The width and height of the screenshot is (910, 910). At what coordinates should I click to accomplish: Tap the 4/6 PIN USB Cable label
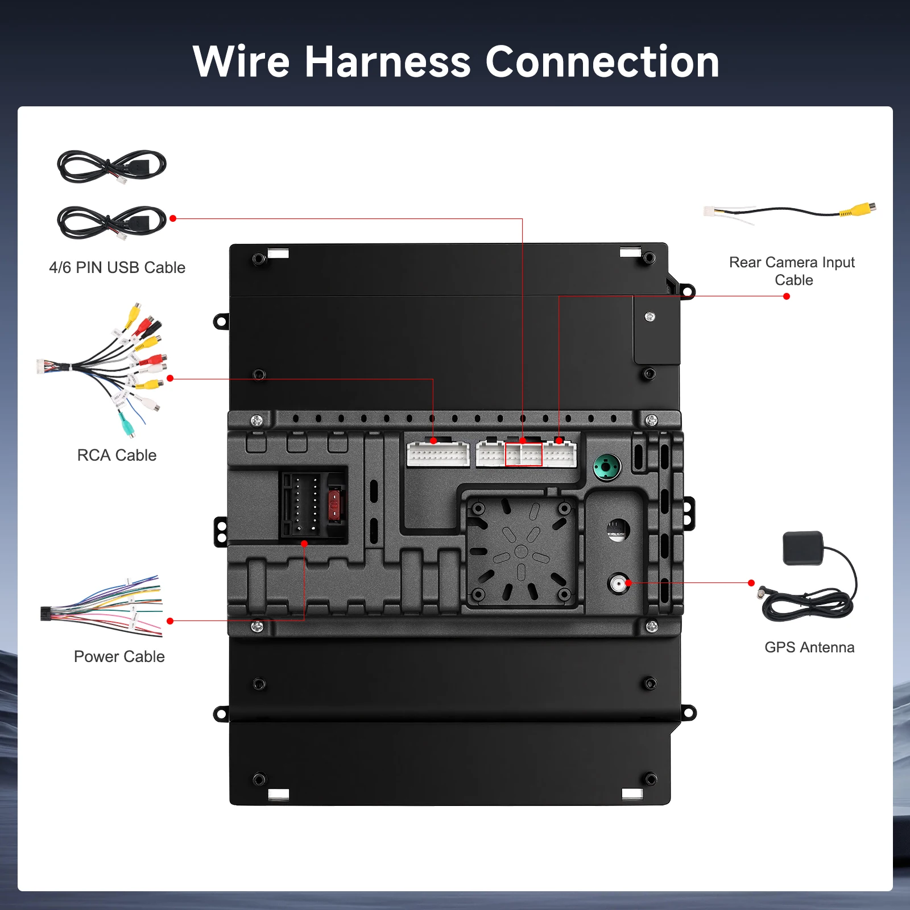[117, 267]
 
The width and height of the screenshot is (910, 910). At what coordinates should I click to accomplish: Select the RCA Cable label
[117, 455]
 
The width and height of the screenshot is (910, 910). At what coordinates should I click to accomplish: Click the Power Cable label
[119, 656]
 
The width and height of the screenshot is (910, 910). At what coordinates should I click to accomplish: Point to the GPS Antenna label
[809, 647]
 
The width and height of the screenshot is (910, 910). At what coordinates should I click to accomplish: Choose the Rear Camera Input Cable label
[792, 271]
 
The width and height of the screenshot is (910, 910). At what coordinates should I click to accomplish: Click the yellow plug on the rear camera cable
[859, 209]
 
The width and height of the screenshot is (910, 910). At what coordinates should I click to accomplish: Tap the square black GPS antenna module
[803, 548]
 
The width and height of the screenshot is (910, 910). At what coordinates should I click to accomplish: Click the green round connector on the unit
[607, 468]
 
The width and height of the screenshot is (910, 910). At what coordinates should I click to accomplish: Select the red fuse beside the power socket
[335, 504]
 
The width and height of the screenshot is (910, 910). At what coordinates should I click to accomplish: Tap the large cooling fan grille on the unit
[521, 551]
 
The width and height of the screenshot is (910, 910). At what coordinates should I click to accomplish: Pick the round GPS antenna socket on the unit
[618, 584]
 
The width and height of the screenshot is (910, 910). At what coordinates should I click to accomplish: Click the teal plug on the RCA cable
[126, 423]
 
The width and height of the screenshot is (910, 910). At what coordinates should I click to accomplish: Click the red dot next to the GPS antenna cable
[751, 583]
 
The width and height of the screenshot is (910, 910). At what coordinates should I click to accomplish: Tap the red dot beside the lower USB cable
[173, 218]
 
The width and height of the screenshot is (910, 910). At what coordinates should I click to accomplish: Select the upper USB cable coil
[111, 166]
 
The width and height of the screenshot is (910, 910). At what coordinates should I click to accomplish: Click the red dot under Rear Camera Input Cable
[787, 296]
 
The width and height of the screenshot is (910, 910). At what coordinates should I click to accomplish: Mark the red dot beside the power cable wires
[170, 621]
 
